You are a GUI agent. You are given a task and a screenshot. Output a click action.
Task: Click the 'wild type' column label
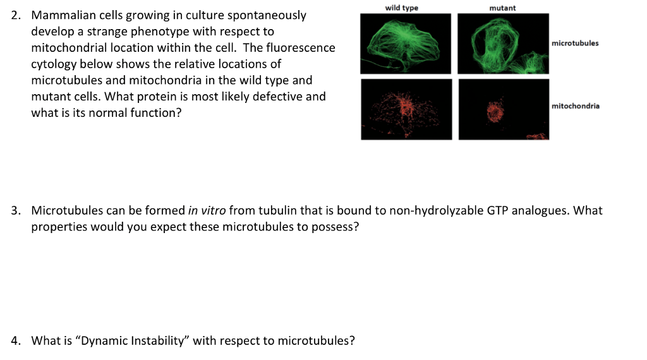(401, 8)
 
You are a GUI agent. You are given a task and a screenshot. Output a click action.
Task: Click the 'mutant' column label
(502, 8)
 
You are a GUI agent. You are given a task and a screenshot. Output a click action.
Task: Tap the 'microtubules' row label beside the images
(575, 44)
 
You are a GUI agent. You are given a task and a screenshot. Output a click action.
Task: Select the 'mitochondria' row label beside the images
(576, 106)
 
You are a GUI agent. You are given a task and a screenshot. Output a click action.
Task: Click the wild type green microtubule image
(406, 43)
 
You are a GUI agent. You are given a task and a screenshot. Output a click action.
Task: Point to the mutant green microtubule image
(503, 43)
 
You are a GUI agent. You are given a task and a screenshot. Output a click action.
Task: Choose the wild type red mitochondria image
(406, 109)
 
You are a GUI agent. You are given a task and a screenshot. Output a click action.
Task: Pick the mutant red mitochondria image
(504, 109)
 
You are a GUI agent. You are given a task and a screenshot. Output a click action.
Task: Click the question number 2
(16, 15)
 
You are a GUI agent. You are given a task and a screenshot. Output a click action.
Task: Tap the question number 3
(16, 210)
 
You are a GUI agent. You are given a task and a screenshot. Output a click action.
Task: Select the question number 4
(16, 341)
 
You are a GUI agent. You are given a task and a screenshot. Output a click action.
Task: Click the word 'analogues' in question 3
(539, 210)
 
